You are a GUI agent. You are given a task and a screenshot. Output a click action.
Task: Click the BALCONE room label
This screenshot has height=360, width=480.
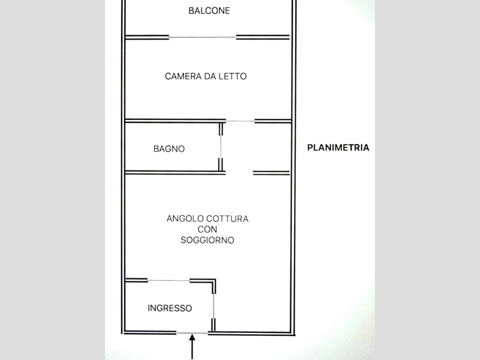209,11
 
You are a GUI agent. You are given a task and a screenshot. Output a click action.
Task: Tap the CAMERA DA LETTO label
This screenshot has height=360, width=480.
206,76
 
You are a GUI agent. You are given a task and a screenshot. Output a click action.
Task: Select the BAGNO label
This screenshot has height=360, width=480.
169,149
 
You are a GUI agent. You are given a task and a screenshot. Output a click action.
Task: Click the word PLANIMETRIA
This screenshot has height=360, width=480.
338,148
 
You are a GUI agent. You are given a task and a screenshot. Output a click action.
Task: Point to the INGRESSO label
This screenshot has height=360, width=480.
170,308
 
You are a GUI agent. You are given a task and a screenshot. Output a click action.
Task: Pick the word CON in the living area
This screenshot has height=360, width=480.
207,230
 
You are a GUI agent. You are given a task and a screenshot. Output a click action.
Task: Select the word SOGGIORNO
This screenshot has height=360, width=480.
207,240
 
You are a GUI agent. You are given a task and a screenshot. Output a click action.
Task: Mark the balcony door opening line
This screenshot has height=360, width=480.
202,37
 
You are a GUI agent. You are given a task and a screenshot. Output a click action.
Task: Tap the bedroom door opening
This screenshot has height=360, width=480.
240,121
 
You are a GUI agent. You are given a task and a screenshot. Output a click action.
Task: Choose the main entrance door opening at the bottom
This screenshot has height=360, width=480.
193,332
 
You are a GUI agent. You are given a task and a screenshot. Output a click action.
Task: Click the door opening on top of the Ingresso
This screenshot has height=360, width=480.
169,280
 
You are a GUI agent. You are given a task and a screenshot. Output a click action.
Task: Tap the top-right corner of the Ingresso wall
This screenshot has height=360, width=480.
215,281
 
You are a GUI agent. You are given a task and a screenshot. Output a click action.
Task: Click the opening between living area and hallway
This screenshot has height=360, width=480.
239,173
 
